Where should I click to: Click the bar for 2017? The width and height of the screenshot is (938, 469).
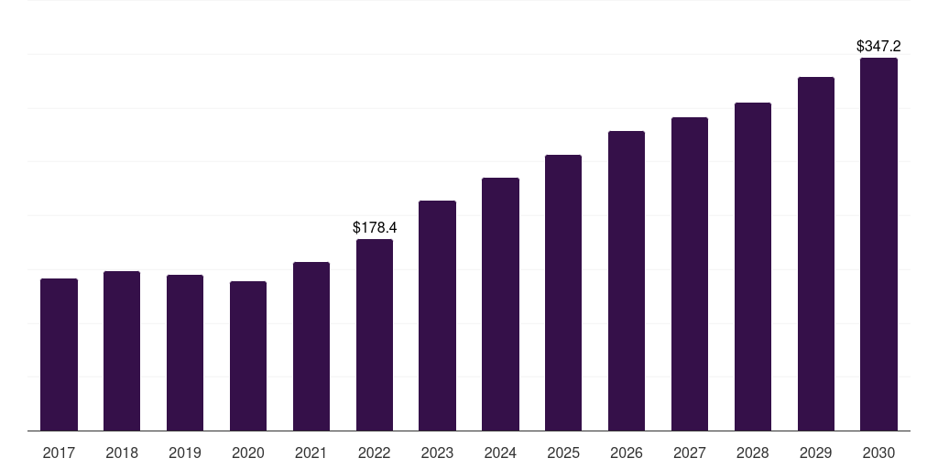click(60, 354)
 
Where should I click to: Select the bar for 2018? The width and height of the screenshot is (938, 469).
click(122, 351)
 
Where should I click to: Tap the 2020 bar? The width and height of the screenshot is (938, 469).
click(248, 356)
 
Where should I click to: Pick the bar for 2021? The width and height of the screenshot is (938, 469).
click(311, 346)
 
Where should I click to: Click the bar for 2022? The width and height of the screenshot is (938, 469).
click(375, 335)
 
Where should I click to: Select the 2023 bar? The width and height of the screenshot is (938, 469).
click(437, 316)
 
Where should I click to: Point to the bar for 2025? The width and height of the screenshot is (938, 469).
click(563, 292)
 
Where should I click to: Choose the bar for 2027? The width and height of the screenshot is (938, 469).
click(690, 274)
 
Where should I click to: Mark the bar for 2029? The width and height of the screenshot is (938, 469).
click(816, 254)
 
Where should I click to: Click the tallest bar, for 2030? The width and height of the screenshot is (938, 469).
click(878, 244)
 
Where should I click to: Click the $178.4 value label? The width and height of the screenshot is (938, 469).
click(375, 227)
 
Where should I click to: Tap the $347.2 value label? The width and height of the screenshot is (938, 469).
click(878, 46)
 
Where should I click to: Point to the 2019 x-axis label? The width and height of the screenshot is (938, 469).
click(185, 453)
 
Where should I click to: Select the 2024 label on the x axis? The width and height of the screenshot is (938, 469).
click(501, 453)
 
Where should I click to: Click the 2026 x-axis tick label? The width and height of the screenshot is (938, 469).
click(627, 453)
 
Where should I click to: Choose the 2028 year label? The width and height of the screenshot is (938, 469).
click(753, 453)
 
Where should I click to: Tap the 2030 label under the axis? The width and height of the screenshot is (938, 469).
click(878, 453)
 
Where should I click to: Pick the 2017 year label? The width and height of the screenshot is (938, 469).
click(60, 453)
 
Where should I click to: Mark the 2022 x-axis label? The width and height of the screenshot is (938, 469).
click(375, 453)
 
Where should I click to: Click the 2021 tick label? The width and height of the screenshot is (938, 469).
click(311, 453)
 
